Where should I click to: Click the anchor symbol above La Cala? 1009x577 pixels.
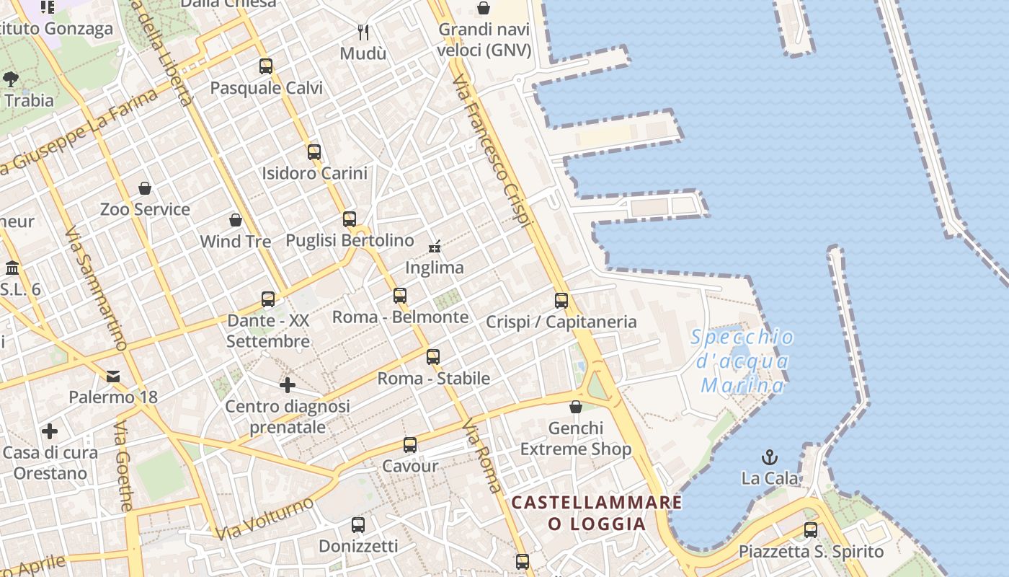tap(770, 457)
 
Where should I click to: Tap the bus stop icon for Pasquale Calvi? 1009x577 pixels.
tap(266, 66)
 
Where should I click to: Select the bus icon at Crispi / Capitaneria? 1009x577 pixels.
tap(561, 301)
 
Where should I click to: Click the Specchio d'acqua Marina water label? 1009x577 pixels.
tap(742, 361)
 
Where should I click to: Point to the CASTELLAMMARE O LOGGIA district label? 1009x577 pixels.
tap(597, 513)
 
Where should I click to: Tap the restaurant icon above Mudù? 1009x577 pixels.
tap(363, 32)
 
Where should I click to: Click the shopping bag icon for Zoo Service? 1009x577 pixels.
tap(145, 188)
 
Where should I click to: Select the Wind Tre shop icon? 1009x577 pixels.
tap(235, 220)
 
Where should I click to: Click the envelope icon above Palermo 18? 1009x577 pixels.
tap(113, 376)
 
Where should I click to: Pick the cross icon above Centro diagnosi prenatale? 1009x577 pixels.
tap(288, 385)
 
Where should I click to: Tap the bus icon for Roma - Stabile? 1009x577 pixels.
tap(433, 357)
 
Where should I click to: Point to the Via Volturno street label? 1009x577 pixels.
tap(265, 517)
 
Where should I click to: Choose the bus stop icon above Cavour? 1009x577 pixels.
tap(410, 445)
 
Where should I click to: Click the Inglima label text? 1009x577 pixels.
tap(434, 268)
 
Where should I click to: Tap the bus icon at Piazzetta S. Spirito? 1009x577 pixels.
tap(811, 530)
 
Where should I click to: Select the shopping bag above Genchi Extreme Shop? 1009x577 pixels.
tap(575, 408)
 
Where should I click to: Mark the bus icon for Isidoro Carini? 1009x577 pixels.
tap(314, 152)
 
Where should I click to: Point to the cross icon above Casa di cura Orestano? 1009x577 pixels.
tap(50, 431)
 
